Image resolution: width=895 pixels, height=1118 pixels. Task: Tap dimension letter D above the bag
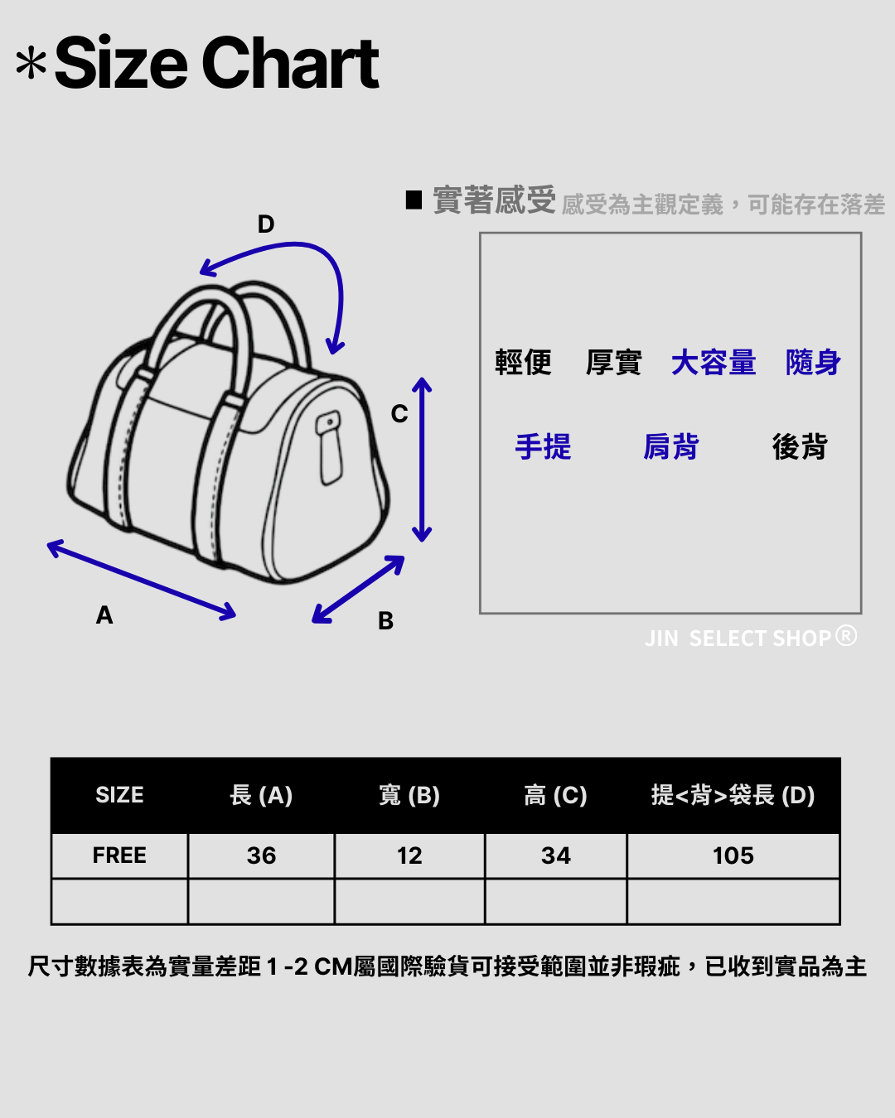coord(266,224)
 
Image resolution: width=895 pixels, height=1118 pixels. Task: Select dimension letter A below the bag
coord(104,615)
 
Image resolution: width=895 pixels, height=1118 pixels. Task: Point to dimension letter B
coord(385,621)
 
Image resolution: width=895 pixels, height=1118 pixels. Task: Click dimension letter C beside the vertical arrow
coord(399,414)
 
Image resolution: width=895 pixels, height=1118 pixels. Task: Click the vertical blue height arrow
coord(423,460)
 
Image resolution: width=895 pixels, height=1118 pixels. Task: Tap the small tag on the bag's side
coord(330,447)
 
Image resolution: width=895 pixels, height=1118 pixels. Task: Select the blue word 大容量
coord(714,363)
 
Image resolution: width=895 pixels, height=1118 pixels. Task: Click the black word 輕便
coord(523,363)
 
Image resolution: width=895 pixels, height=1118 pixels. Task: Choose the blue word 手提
coord(543,447)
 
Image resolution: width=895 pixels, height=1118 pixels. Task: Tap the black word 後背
coord(800,447)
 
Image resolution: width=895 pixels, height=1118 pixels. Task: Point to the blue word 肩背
coord(671,447)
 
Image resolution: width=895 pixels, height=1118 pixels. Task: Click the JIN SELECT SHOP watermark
coord(750,638)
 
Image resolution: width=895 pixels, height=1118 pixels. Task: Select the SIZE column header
coord(119,795)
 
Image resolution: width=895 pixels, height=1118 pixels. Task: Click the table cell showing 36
coord(261,855)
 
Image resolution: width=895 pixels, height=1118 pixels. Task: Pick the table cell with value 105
coord(733,855)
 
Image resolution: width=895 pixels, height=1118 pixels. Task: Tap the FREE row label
coord(119,855)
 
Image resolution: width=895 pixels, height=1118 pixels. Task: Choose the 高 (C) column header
coord(555,795)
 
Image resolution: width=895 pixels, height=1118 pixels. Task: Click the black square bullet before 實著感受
coord(414,200)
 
